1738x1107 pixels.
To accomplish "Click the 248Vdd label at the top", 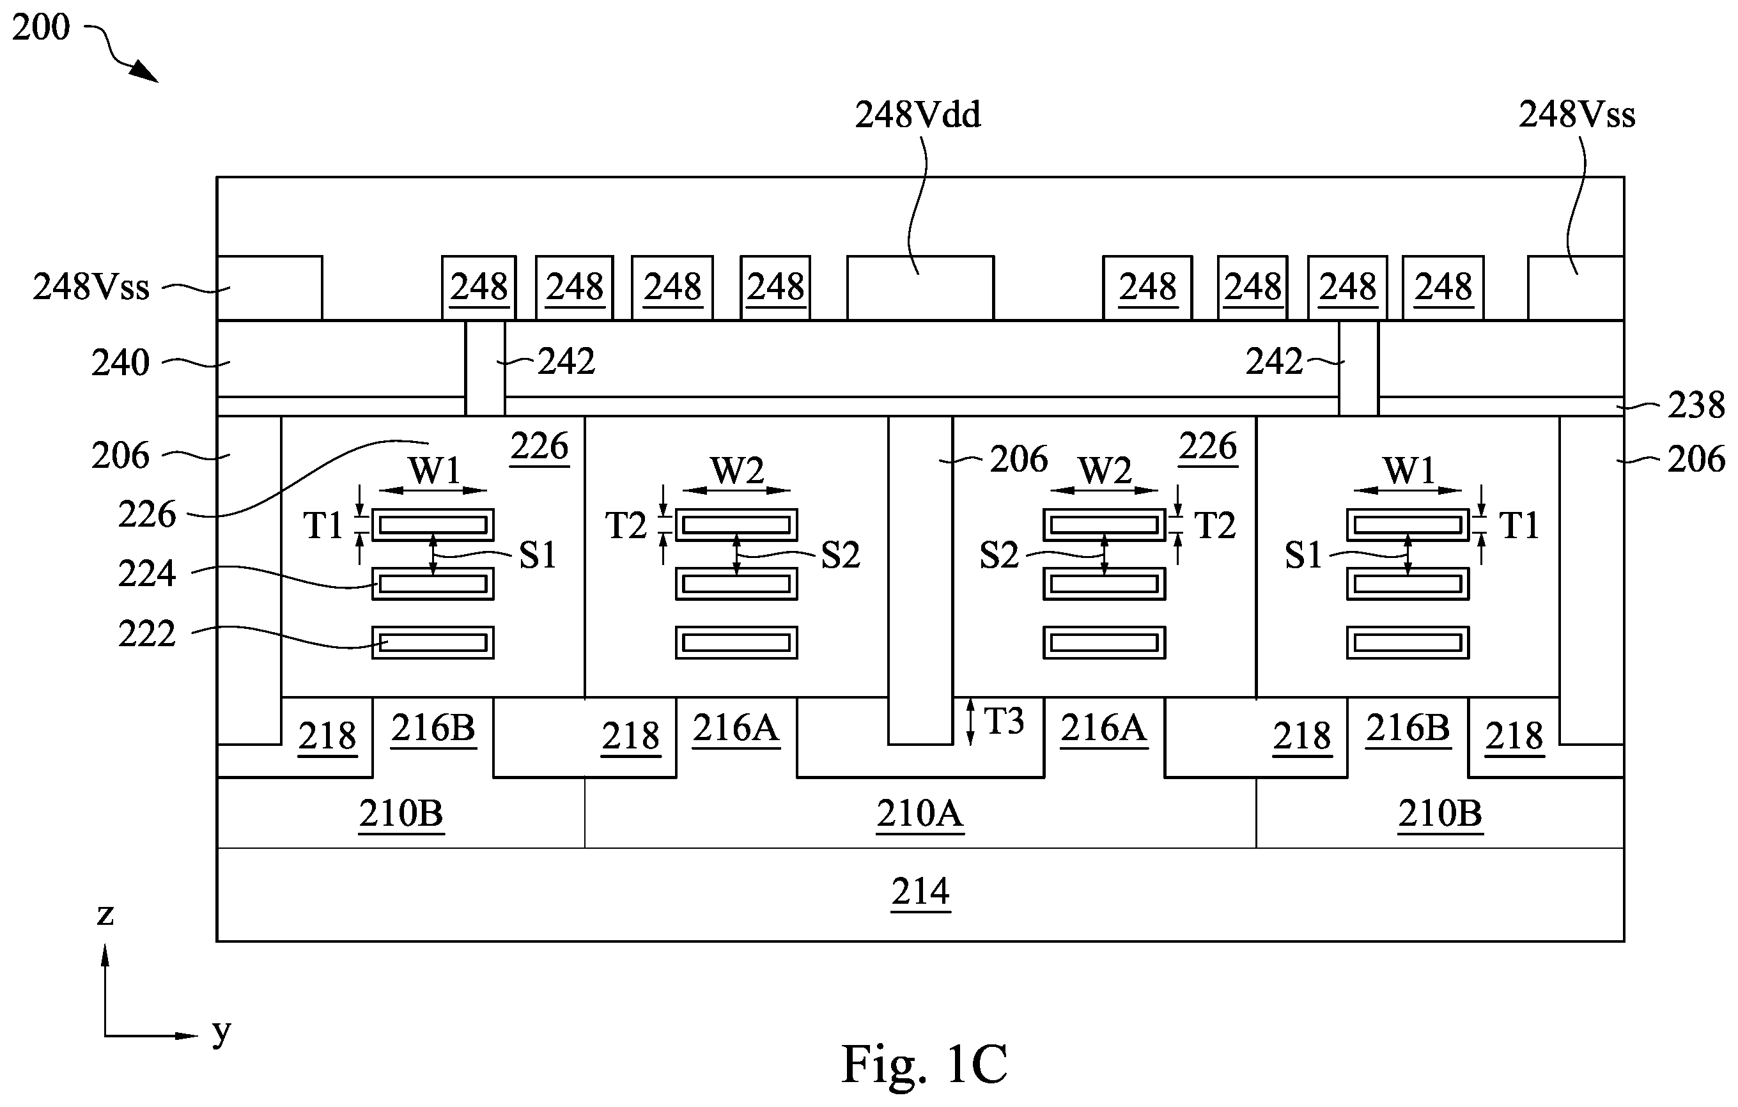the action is (917, 116).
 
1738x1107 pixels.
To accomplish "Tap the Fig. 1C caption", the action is (924, 1064).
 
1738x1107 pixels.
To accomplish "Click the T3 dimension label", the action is (1004, 721).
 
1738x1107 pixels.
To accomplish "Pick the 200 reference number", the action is (41, 27).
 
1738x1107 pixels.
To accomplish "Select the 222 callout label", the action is (147, 634).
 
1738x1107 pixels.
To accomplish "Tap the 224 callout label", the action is (147, 575).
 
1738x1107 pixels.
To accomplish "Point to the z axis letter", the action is (105, 915).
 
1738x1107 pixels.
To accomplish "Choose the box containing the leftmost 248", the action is (479, 287).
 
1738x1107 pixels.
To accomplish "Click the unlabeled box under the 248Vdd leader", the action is (920, 287).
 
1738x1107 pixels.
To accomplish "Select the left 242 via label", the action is (566, 362).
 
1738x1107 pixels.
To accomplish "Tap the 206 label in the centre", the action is (1018, 459).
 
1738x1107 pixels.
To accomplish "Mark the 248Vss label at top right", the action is (1577, 115).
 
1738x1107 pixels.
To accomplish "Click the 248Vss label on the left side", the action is (91, 287).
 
